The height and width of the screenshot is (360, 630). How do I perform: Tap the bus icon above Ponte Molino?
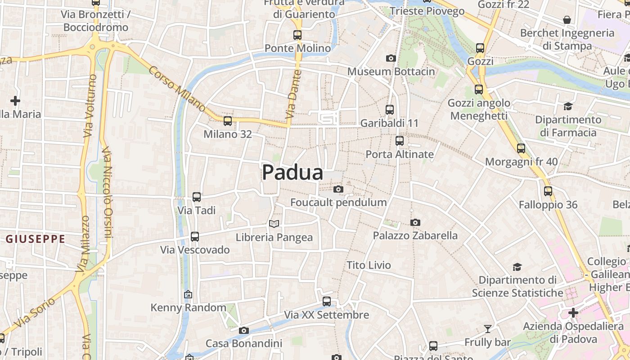click(297, 35)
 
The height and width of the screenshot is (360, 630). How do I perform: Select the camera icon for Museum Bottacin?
click(391, 58)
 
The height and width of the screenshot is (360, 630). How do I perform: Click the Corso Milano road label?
click(177, 89)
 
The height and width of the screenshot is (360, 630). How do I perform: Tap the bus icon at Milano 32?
click(228, 121)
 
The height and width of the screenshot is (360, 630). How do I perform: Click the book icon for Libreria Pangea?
click(274, 224)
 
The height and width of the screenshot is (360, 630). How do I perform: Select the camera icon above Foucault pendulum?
click(338, 189)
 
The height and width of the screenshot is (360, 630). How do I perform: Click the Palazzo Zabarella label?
click(415, 235)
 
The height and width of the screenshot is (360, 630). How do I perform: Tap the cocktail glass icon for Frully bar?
click(488, 329)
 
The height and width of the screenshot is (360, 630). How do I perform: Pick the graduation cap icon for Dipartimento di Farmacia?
click(568, 106)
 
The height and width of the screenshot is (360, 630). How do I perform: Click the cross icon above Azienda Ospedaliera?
click(573, 312)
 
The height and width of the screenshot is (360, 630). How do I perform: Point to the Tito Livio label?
click(369, 265)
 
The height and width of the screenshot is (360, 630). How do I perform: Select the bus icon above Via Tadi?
click(196, 197)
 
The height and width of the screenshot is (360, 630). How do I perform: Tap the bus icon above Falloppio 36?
click(548, 191)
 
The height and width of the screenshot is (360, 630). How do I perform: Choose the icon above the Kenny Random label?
click(188, 294)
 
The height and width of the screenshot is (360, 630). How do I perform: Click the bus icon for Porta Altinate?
click(399, 141)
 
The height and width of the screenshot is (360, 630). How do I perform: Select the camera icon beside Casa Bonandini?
click(243, 331)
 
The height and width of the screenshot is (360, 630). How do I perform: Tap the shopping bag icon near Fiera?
click(567, 20)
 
